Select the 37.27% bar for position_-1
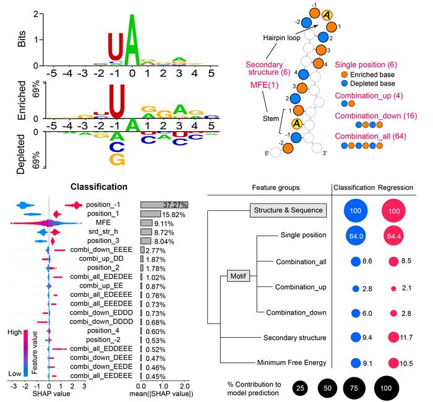tap(164, 204)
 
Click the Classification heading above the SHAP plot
tap(99, 186)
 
